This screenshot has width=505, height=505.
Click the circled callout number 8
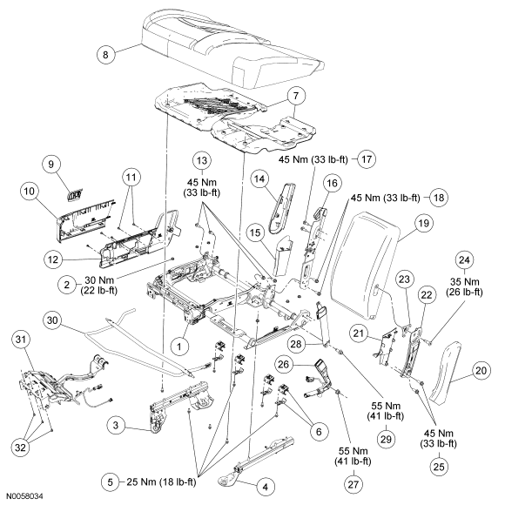click(x=105, y=55)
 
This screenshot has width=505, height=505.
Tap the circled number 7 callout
click(x=296, y=96)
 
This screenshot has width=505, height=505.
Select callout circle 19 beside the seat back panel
click(x=423, y=223)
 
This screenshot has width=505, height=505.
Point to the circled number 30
click(x=52, y=320)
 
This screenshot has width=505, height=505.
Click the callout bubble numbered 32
click(x=20, y=447)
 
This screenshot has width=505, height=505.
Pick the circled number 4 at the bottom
click(x=265, y=487)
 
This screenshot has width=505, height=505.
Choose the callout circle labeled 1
click(x=179, y=347)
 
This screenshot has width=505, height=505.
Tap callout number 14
click(x=259, y=179)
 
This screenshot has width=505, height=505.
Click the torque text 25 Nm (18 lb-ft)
click(x=161, y=481)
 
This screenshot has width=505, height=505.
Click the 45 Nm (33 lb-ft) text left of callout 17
click(x=313, y=159)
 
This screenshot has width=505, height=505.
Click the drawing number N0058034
click(x=25, y=496)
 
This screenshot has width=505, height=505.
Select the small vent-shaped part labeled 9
click(x=73, y=196)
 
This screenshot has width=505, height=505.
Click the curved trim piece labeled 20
click(x=445, y=373)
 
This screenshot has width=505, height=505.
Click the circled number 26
click(x=284, y=365)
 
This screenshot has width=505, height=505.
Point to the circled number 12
click(x=53, y=259)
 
